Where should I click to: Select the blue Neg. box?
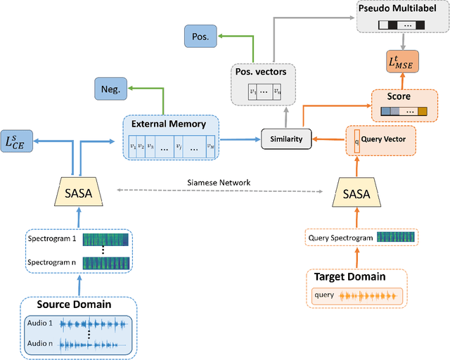tap(111, 88)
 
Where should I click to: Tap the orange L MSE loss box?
tap(401, 61)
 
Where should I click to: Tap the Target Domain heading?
tap(349, 276)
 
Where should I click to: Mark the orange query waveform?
tap(369, 296)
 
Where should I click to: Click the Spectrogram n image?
tap(105, 263)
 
